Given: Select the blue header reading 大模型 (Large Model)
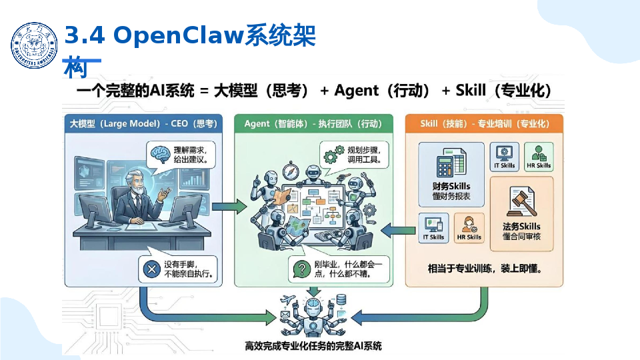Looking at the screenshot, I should tap(143, 124).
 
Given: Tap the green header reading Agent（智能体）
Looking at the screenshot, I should tap(314, 124).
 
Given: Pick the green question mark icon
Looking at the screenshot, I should tap(301, 269).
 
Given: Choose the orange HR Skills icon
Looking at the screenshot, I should tap(469, 224).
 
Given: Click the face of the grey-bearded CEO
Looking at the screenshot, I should tap(137, 187).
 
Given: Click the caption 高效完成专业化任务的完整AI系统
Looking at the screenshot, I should tap(313, 346).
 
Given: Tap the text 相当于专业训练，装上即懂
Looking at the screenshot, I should tap(484, 270).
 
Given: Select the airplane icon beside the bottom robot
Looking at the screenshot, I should tap(289, 299).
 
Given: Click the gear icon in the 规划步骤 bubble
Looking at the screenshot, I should tap(329, 156).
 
